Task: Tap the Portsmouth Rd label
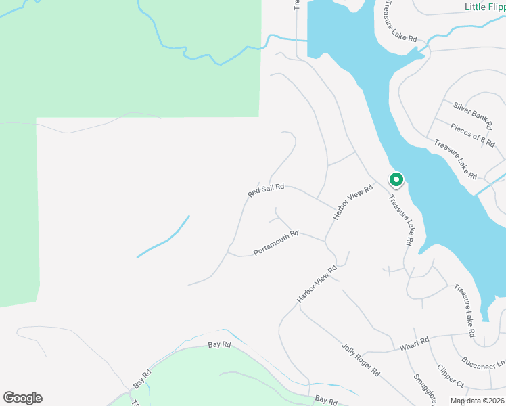pos(276,244)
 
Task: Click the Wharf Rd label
pos(415,344)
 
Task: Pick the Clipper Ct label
pos(450,376)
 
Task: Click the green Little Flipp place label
pos(485,7)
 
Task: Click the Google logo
pos(22,398)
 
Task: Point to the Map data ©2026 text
pos(477,401)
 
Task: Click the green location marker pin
pos(396,180)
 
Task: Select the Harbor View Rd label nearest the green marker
pos(353,202)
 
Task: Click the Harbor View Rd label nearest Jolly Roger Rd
pos(317,284)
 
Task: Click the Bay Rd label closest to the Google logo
pos(142,378)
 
